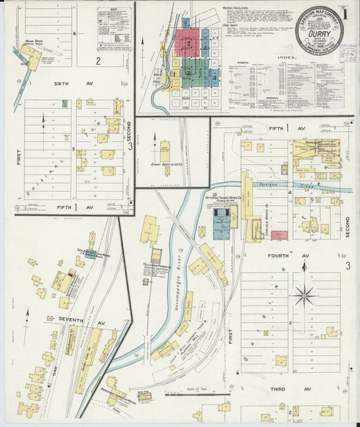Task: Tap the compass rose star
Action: [305, 295]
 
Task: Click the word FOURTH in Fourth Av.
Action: [278, 256]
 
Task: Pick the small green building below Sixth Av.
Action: [65, 103]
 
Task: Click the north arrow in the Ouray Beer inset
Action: [154, 147]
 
